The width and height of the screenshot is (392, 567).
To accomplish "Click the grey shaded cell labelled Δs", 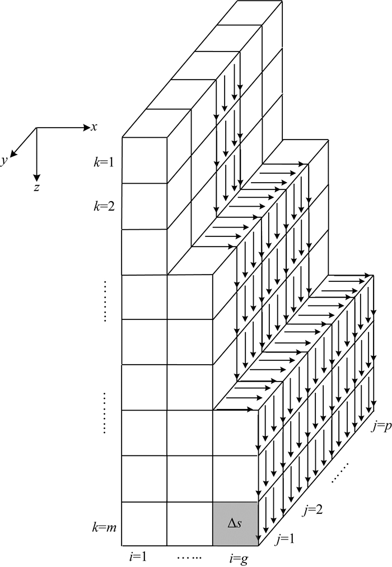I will click(x=235, y=524).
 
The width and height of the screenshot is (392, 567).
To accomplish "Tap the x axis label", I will click(x=95, y=127).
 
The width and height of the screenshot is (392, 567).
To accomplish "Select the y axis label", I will click(x=4, y=161).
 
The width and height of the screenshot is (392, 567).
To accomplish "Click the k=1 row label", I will click(x=105, y=163).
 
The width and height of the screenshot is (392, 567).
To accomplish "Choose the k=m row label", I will click(x=105, y=527).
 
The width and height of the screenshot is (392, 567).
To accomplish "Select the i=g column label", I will click(x=235, y=559).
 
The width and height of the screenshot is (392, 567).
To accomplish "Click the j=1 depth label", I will click(x=286, y=540).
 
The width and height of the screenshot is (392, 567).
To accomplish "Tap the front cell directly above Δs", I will click(x=235, y=478).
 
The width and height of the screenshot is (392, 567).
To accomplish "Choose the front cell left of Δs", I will click(x=190, y=524).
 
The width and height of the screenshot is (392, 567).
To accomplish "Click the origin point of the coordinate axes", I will click(x=36, y=128).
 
